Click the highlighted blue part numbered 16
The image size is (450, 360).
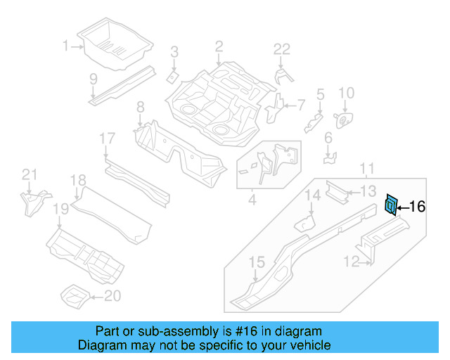click(390, 205)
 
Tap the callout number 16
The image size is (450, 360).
click(416, 207)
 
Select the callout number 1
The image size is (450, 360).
click(66, 46)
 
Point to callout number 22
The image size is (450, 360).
click(281, 49)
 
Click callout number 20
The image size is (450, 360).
click(112, 296)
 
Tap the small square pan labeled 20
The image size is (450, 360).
click(74, 295)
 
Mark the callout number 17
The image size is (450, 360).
click(106, 139)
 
